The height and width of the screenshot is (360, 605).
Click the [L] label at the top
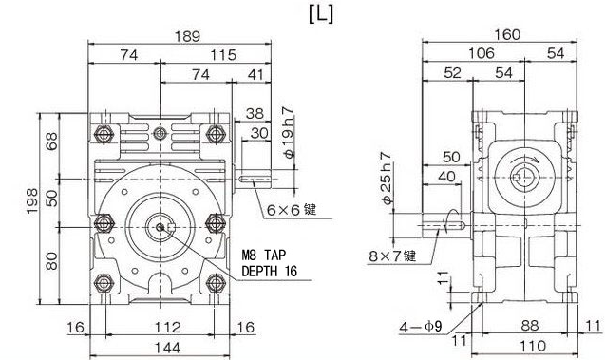321,14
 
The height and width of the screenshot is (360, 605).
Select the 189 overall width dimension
188,36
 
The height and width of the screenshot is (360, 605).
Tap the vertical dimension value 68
51,142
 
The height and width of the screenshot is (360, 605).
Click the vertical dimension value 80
51,261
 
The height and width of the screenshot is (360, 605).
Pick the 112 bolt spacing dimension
168,328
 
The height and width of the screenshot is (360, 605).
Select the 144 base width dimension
168,348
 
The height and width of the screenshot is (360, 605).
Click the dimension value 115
223,55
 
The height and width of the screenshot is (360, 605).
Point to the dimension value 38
255,113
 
